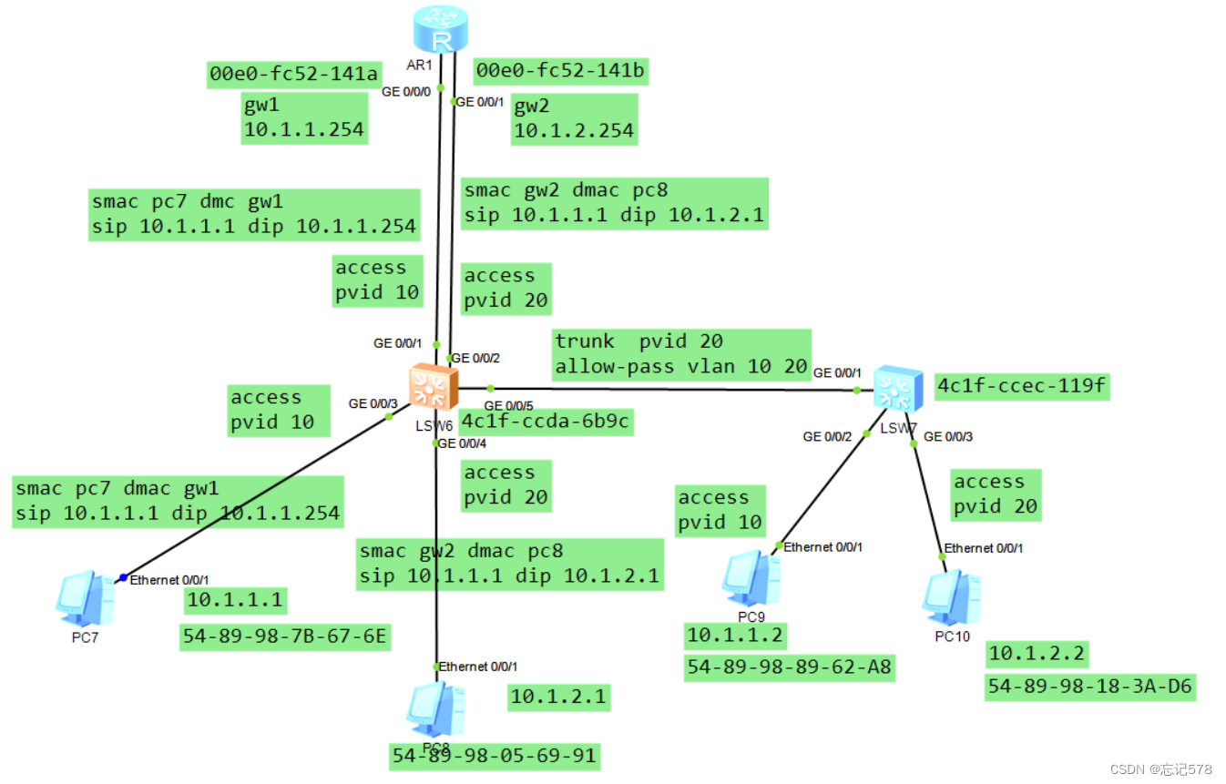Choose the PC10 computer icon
coord(951,597)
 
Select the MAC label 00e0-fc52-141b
coord(561,71)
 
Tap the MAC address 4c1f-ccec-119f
coord(1021,386)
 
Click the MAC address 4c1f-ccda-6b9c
coord(546,423)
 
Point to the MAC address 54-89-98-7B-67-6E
coord(285,636)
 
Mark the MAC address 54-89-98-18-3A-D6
coord(1089,687)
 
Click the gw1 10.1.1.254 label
coord(303,117)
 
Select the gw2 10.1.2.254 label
coord(574,119)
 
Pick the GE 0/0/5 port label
coord(508,405)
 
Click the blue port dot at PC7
coord(123,577)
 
